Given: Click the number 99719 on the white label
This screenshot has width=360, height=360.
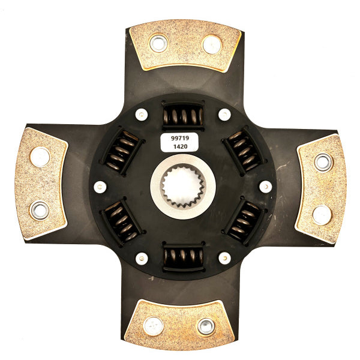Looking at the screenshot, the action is pyautogui.click(x=180, y=138).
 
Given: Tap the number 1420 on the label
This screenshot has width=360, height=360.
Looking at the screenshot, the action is pyautogui.click(x=180, y=146).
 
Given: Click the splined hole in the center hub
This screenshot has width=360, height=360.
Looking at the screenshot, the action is pyautogui.click(x=183, y=187).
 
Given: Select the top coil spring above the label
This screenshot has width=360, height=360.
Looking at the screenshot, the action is pyautogui.click(x=183, y=116).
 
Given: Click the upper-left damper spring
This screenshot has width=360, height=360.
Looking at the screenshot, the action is pyautogui.click(x=122, y=150).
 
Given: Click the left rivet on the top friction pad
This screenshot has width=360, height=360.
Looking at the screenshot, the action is pyautogui.click(x=158, y=43).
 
